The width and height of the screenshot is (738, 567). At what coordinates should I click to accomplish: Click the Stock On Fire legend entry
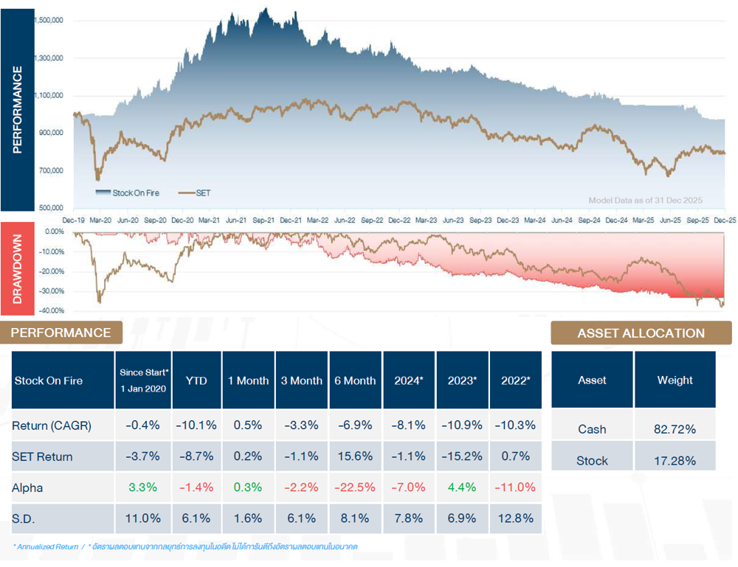134,193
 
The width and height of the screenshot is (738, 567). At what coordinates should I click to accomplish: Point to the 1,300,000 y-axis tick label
48,58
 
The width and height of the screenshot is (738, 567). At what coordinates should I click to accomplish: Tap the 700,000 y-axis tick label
50,170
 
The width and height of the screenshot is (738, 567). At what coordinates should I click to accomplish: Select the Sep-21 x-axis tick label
263,220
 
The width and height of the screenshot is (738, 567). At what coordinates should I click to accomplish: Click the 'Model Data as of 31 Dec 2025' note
645,201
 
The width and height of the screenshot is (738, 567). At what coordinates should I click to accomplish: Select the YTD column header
196,380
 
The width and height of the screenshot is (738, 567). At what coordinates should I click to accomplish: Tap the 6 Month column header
356,380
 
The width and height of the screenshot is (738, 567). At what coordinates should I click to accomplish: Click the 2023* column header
463,380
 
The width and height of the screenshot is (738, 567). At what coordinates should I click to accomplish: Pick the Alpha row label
27,487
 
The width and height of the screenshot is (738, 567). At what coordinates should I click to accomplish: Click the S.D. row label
24,518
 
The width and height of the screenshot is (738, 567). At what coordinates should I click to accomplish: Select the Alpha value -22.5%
356,487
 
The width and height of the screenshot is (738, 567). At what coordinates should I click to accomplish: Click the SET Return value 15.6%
356,456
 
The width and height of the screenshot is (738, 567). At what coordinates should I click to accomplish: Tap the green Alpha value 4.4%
463,487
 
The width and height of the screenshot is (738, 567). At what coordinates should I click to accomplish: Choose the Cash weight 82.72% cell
675,429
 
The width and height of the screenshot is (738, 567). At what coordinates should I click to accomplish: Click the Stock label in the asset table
592,461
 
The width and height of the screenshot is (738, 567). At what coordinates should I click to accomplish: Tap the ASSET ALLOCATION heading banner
641,333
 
